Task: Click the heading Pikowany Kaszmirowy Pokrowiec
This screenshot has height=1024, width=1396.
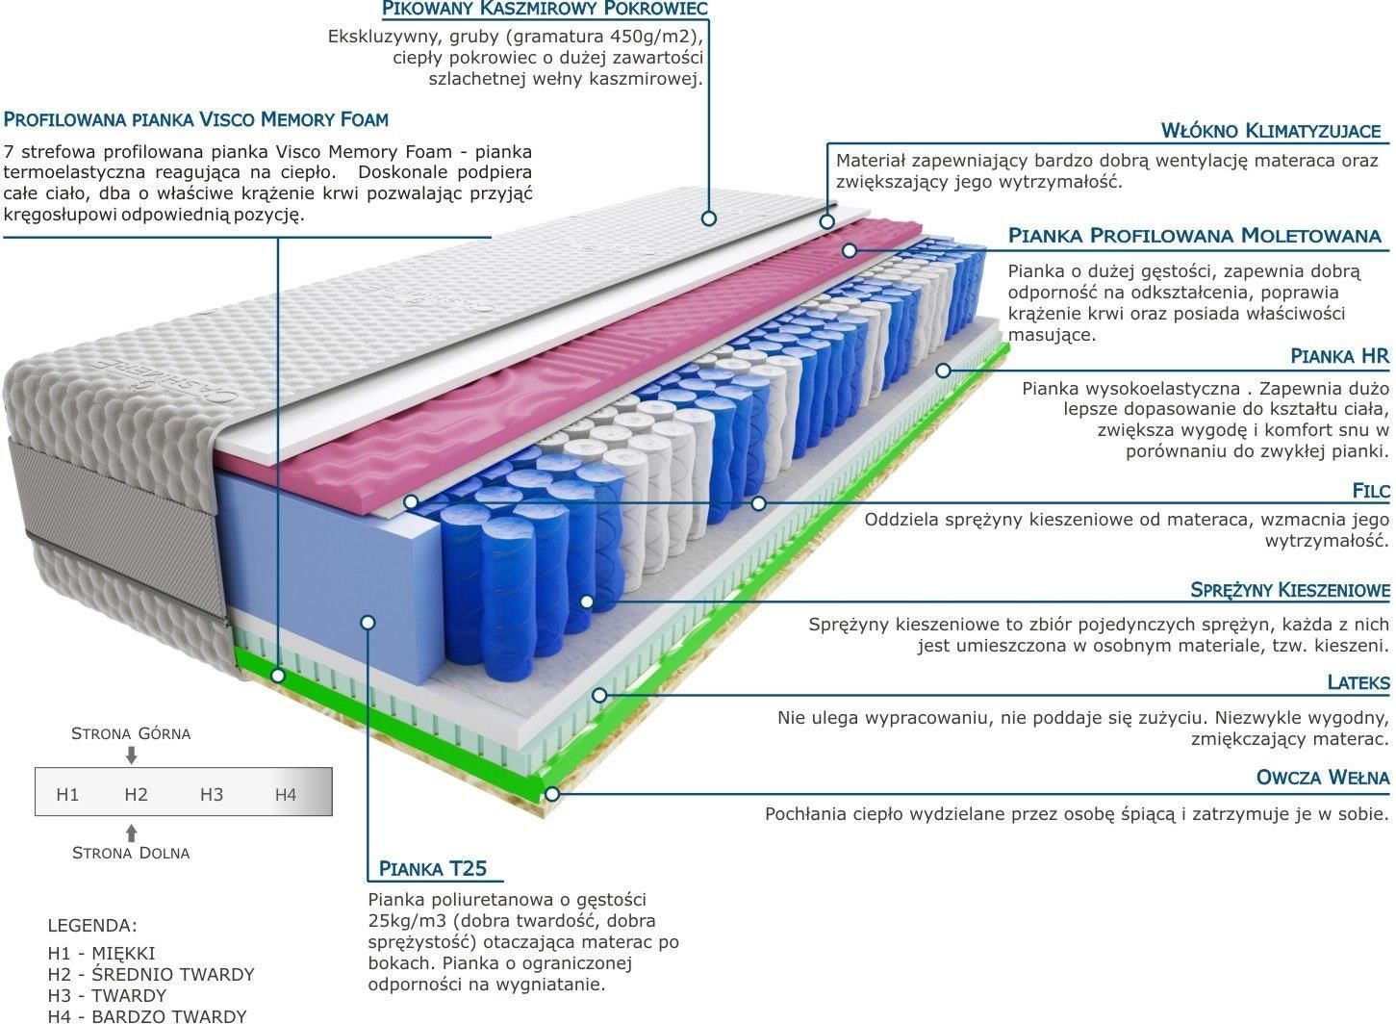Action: [x=545, y=8]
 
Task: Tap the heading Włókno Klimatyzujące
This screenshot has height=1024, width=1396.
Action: [x=1271, y=131]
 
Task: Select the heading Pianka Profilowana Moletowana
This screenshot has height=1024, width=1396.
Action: [x=1195, y=236]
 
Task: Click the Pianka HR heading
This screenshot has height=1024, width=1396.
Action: [x=1339, y=356]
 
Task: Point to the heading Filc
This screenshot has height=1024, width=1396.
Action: [x=1370, y=491]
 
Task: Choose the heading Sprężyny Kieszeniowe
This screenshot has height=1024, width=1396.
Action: [x=1290, y=590]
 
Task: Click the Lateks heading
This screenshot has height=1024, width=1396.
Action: [x=1358, y=682]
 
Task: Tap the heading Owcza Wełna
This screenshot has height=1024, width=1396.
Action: [x=1323, y=778]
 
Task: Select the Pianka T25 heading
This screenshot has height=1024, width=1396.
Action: [x=433, y=868]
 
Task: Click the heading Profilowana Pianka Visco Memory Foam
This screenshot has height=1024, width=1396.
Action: [x=196, y=119]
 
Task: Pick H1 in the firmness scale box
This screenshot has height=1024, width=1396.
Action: [x=67, y=794]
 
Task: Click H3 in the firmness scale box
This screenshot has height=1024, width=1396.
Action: [x=212, y=794]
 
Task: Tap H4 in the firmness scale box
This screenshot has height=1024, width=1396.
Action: [x=286, y=794]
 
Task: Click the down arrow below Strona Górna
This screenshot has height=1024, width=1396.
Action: [x=131, y=755]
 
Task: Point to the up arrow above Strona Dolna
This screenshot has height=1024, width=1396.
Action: [x=131, y=833]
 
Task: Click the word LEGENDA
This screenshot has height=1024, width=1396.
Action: [x=92, y=925]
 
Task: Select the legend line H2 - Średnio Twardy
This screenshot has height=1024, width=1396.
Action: [x=151, y=974]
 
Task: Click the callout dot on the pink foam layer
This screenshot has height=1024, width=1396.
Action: [x=849, y=250]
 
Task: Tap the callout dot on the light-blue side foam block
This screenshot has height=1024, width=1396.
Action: [x=368, y=622]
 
